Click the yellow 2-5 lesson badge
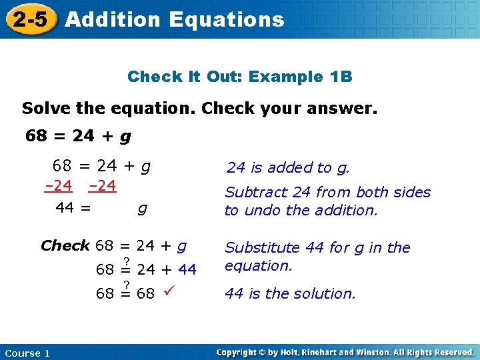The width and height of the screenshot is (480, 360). [x=30, y=19]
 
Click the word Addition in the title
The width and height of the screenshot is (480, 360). [x=113, y=19]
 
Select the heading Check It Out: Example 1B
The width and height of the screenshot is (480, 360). [x=239, y=77]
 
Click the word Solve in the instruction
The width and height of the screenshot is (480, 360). [x=43, y=108]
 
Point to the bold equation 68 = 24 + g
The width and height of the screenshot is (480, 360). [x=78, y=137]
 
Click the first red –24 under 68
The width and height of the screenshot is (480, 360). [x=58, y=186]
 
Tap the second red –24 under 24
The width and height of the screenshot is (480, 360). [x=102, y=186]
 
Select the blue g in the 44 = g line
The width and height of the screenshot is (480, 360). [x=142, y=208]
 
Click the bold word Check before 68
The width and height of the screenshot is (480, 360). [x=65, y=245]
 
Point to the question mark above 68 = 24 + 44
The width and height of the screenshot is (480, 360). [x=125, y=260]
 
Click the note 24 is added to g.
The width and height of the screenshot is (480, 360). [x=288, y=168]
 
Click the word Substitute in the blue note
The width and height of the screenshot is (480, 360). [x=262, y=248]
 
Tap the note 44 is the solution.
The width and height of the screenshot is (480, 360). [x=290, y=293]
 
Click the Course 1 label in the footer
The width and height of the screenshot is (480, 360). [x=27, y=353]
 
